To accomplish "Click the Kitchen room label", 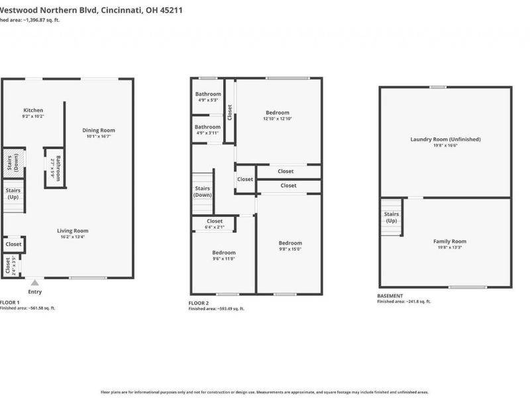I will pyautogui.click(x=33, y=111).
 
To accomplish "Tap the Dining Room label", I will pyautogui.click(x=99, y=131).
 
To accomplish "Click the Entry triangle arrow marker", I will pyautogui.click(x=34, y=283).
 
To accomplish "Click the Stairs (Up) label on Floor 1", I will pyautogui.click(x=13, y=194).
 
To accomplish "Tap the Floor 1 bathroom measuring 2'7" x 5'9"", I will pyautogui.click(x=56, y=168).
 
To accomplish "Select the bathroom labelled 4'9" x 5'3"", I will pyautogui.click(x=208, y=94).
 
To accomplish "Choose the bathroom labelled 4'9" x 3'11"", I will pyautogui.click(x=208, y=127).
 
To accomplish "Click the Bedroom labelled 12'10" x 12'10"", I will pyautogui.click(x=278, y=113).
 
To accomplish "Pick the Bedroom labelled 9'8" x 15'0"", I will pyautogui.click(x=290, y=243).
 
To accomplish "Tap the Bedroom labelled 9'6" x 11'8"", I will pyautogui.click(x=224, y=253).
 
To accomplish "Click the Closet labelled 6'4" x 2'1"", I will pyautogui.click(x=215, y=222).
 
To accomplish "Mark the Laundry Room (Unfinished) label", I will pyautogui.click(x=445, y=139).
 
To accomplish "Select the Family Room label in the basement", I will pyautogui.click(x=450, y=241).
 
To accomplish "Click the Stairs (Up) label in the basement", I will pyautogui.click(x=392, y=217).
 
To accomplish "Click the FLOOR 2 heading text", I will pyautogui.click(x=198, y=302).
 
